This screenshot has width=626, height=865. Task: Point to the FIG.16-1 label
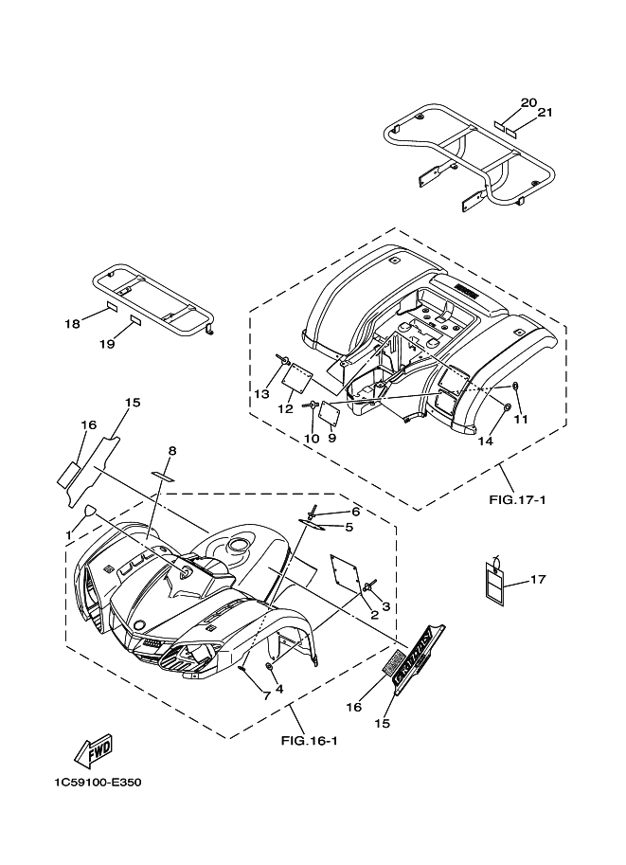(311, 741)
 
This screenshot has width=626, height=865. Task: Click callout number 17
(538, 579)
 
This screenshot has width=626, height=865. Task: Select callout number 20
(528, 102)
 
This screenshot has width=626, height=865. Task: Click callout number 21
(545, 113)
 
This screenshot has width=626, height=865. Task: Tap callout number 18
(72, 324)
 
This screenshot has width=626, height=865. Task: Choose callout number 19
(108, 344)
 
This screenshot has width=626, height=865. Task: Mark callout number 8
(172, 450)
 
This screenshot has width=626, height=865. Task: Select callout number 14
(486, 441)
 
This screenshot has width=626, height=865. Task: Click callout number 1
(68, 535)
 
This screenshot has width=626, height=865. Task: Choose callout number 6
(330, 511)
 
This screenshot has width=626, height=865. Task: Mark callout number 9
(332, 438)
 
